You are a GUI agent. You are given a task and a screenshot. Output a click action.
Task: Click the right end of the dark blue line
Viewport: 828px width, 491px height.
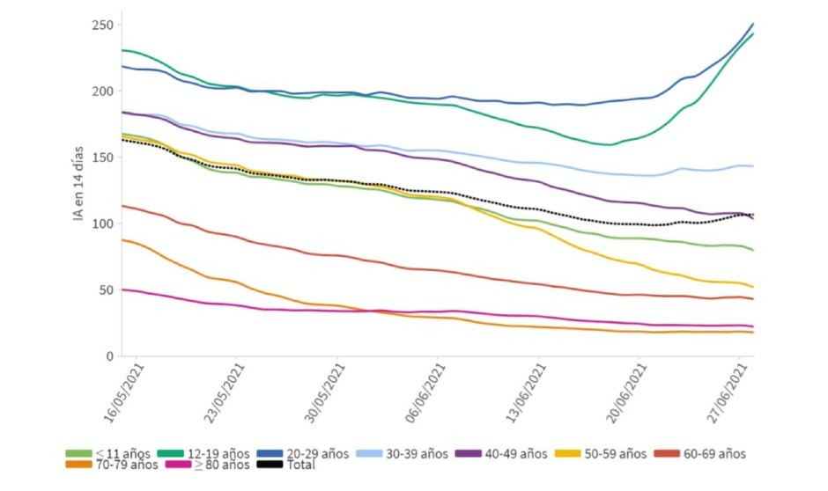coord(753,24)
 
